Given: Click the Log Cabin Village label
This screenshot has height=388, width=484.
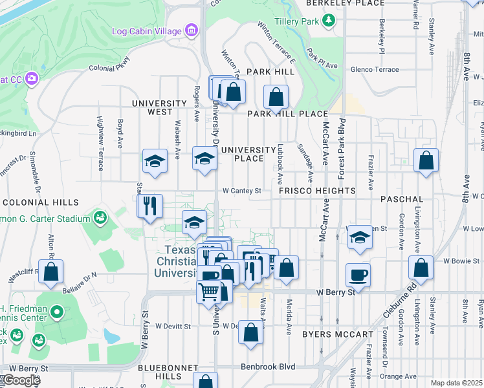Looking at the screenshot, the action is (x=148, y=31).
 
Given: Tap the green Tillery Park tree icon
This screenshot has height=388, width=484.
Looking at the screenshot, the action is (x=330, y=21).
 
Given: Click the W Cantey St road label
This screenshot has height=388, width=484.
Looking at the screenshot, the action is (x=241, y=191).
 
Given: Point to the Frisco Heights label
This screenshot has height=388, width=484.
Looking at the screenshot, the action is (x=317, y=191).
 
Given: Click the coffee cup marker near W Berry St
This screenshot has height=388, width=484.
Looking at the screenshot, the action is (x=358, y=275).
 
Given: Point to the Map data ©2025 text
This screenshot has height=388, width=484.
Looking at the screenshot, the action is (x=456, y=383).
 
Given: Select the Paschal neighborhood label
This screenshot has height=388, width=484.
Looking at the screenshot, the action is (x=402, y=199).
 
